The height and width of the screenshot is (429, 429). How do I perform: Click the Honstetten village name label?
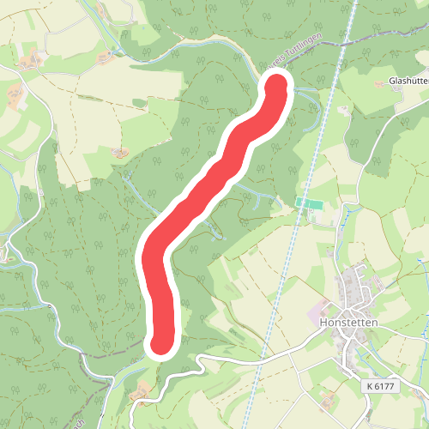coord(348,323)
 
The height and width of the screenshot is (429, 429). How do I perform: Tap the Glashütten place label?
coord(408,82)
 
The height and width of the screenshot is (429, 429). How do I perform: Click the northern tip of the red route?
coord(278,88)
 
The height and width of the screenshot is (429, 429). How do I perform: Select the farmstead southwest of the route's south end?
coord(142,390)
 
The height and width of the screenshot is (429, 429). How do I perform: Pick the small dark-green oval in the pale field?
coord(140,102)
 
